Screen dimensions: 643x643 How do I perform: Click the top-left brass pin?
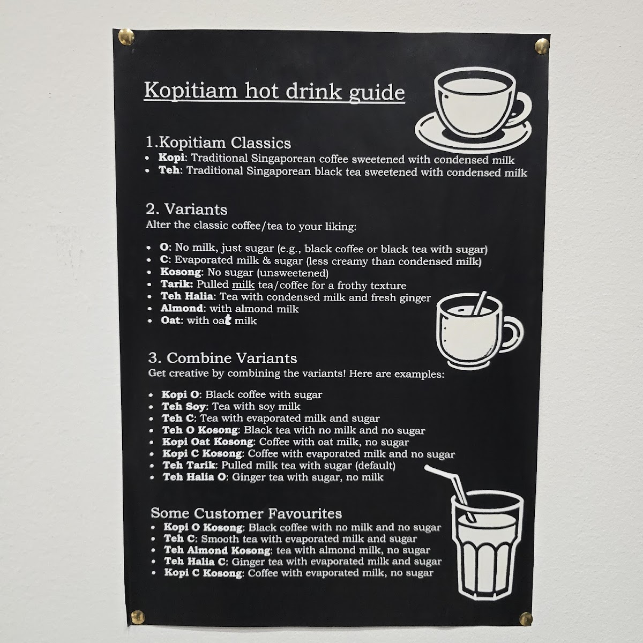pyautogui.click(x=126, y=37)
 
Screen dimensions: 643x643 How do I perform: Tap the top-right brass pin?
pyautogui.click(x=542, y=46)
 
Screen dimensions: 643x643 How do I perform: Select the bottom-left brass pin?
pyautogui.click(x=138, y=617)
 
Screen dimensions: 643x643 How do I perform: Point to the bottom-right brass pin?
pyautogui.click(x=526, y=619)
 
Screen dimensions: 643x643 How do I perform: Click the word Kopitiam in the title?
pyautogui.click(x=191, y=90)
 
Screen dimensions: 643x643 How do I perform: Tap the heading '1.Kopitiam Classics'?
pyautogui.click(x=218, y=143)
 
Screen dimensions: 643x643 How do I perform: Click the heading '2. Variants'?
pyautogui.click(x=186, y=209)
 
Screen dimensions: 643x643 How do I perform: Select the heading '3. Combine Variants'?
pyautogui.click(x=222, y=358)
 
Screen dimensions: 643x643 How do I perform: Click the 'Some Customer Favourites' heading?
pyautogui.click(x=246, y=513)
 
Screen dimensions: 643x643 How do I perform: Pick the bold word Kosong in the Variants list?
pyautogui.click(x=181, y=272)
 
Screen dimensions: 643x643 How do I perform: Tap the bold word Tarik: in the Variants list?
pyautogui.click(x=177, y=284)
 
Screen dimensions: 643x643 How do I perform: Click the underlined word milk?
pyautogui.click(x=243, y=285)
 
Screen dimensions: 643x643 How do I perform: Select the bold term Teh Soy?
pyautogui.click(x=184, y=406)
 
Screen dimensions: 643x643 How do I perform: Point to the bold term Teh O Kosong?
pyautogui.click(x=200, y=430)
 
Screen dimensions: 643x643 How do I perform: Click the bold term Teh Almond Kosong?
pyautogui.click(x=217, y=550)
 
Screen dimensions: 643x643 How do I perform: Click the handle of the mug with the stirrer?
pyautogui.click(x=514, y=334)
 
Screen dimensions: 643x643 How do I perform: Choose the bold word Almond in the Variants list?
pyautogui.click(x=182, y=308)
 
